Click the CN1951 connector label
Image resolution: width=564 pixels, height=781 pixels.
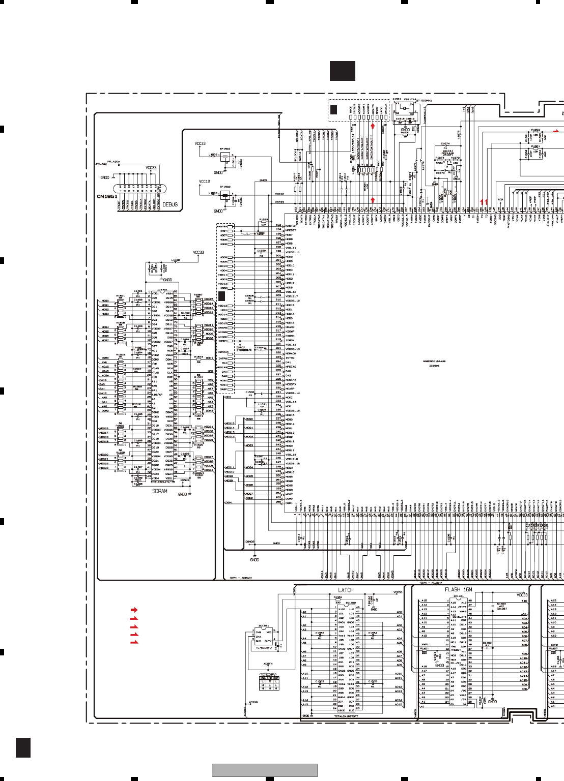pyautogui.click(x=107, y=196)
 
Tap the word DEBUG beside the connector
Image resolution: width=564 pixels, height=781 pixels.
pyautogui.click(x=171, y=204)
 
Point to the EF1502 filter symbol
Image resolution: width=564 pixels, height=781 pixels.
pyautogui.click(x=225, y=195)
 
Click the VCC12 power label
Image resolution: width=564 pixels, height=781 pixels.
pyautogui.click(x=204, y=182)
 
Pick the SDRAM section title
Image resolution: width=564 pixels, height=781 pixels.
pyautogui.click(x=160, y=491)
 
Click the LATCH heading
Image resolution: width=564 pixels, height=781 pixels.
pyautogui.click(x=346, y=590)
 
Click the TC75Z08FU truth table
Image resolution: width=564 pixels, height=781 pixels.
pyautogui.click(x=269, y=683)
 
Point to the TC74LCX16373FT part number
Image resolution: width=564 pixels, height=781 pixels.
pyautogui.click(x=346, y=716)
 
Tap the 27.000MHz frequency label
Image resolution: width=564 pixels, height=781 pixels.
pyautogui.click(x=424, y=101)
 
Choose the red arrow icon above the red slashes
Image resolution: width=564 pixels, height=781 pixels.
pyautogui.click(x=134, y=609)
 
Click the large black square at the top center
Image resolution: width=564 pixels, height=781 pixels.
pyautogui.click(x=342, y=71)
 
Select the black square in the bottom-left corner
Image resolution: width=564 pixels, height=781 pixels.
pyautogui.click(x=23, y=747)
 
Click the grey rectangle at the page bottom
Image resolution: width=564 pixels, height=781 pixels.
pyautogui.click(x=265, y=770)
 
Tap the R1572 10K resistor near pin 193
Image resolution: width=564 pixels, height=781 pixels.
pyautogui.click(x=264, y=222)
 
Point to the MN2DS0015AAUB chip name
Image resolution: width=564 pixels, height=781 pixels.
pyautogui.click(x=434, y=362)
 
